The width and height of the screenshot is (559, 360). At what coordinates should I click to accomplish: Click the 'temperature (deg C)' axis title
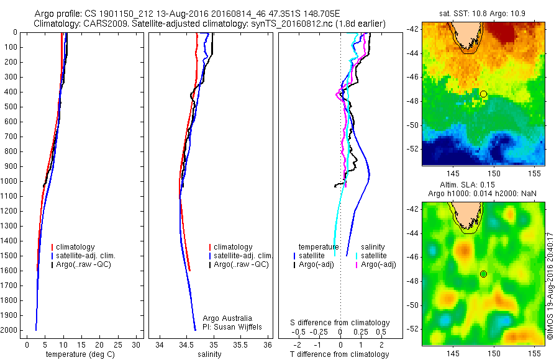click(x=78, y=354)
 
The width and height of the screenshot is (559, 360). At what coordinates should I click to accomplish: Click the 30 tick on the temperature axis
click(x=137, y=344)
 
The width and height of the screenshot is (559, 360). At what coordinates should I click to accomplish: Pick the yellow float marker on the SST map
click(x=483, y=94)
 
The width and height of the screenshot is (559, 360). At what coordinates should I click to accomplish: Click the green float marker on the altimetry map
click(x=483, y=274)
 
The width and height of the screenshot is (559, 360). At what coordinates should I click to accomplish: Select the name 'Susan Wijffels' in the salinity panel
click(x=235, y=327)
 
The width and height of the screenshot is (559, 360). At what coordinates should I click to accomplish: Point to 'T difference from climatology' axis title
click(x=340, y=354)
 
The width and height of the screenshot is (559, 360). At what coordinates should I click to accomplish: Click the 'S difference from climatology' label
click(x=340, y=323)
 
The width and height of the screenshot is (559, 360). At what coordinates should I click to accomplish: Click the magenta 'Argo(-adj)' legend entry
click(x=379, y=264)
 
